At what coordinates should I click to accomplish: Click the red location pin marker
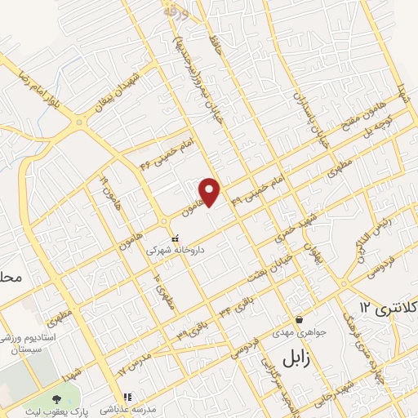click(x=211, y=191)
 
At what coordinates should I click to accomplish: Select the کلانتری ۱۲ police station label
click(x=387, y=308)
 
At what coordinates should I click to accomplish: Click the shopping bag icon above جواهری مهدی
click(x=300, y=319)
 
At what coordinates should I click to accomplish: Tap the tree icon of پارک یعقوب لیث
click(x=56, y=399)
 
